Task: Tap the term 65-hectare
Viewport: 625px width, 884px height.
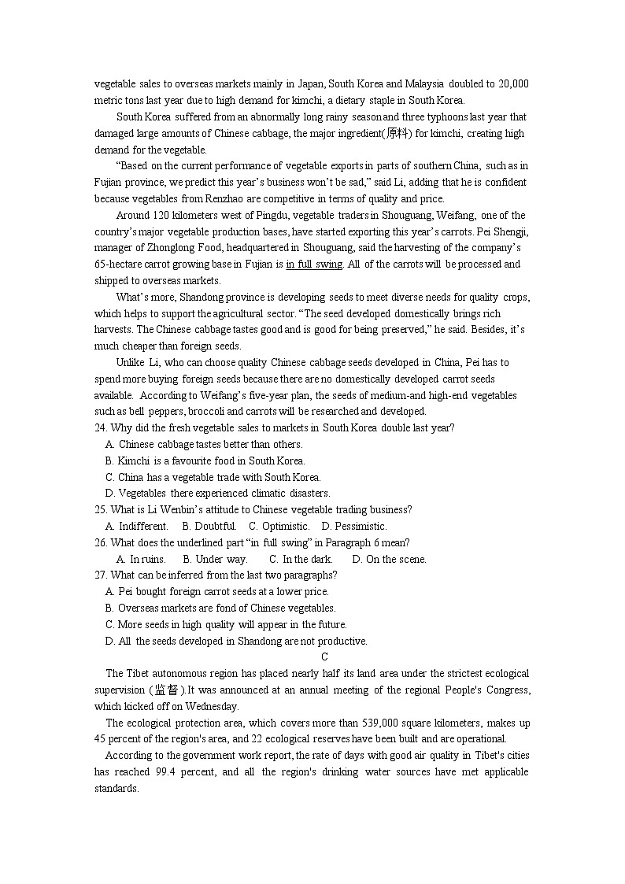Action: click(x=119, y=264)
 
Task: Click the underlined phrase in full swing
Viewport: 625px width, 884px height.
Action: click(x=314, y=264)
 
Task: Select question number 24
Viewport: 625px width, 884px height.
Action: click(x=100, y=428)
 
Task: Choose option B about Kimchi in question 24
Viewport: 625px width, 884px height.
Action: click(x=205, y=461)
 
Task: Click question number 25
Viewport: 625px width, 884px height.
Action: click(x=100, y=510)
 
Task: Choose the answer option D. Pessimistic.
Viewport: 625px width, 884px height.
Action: click(x=355, y=527)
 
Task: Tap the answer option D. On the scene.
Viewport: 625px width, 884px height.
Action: click(x=389, y=560)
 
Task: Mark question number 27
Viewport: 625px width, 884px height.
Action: click(x=100, y=575)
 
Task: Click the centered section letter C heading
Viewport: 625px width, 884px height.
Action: click(x=324, y=657)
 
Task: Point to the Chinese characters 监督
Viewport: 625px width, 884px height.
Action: click(x=166, y=690)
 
